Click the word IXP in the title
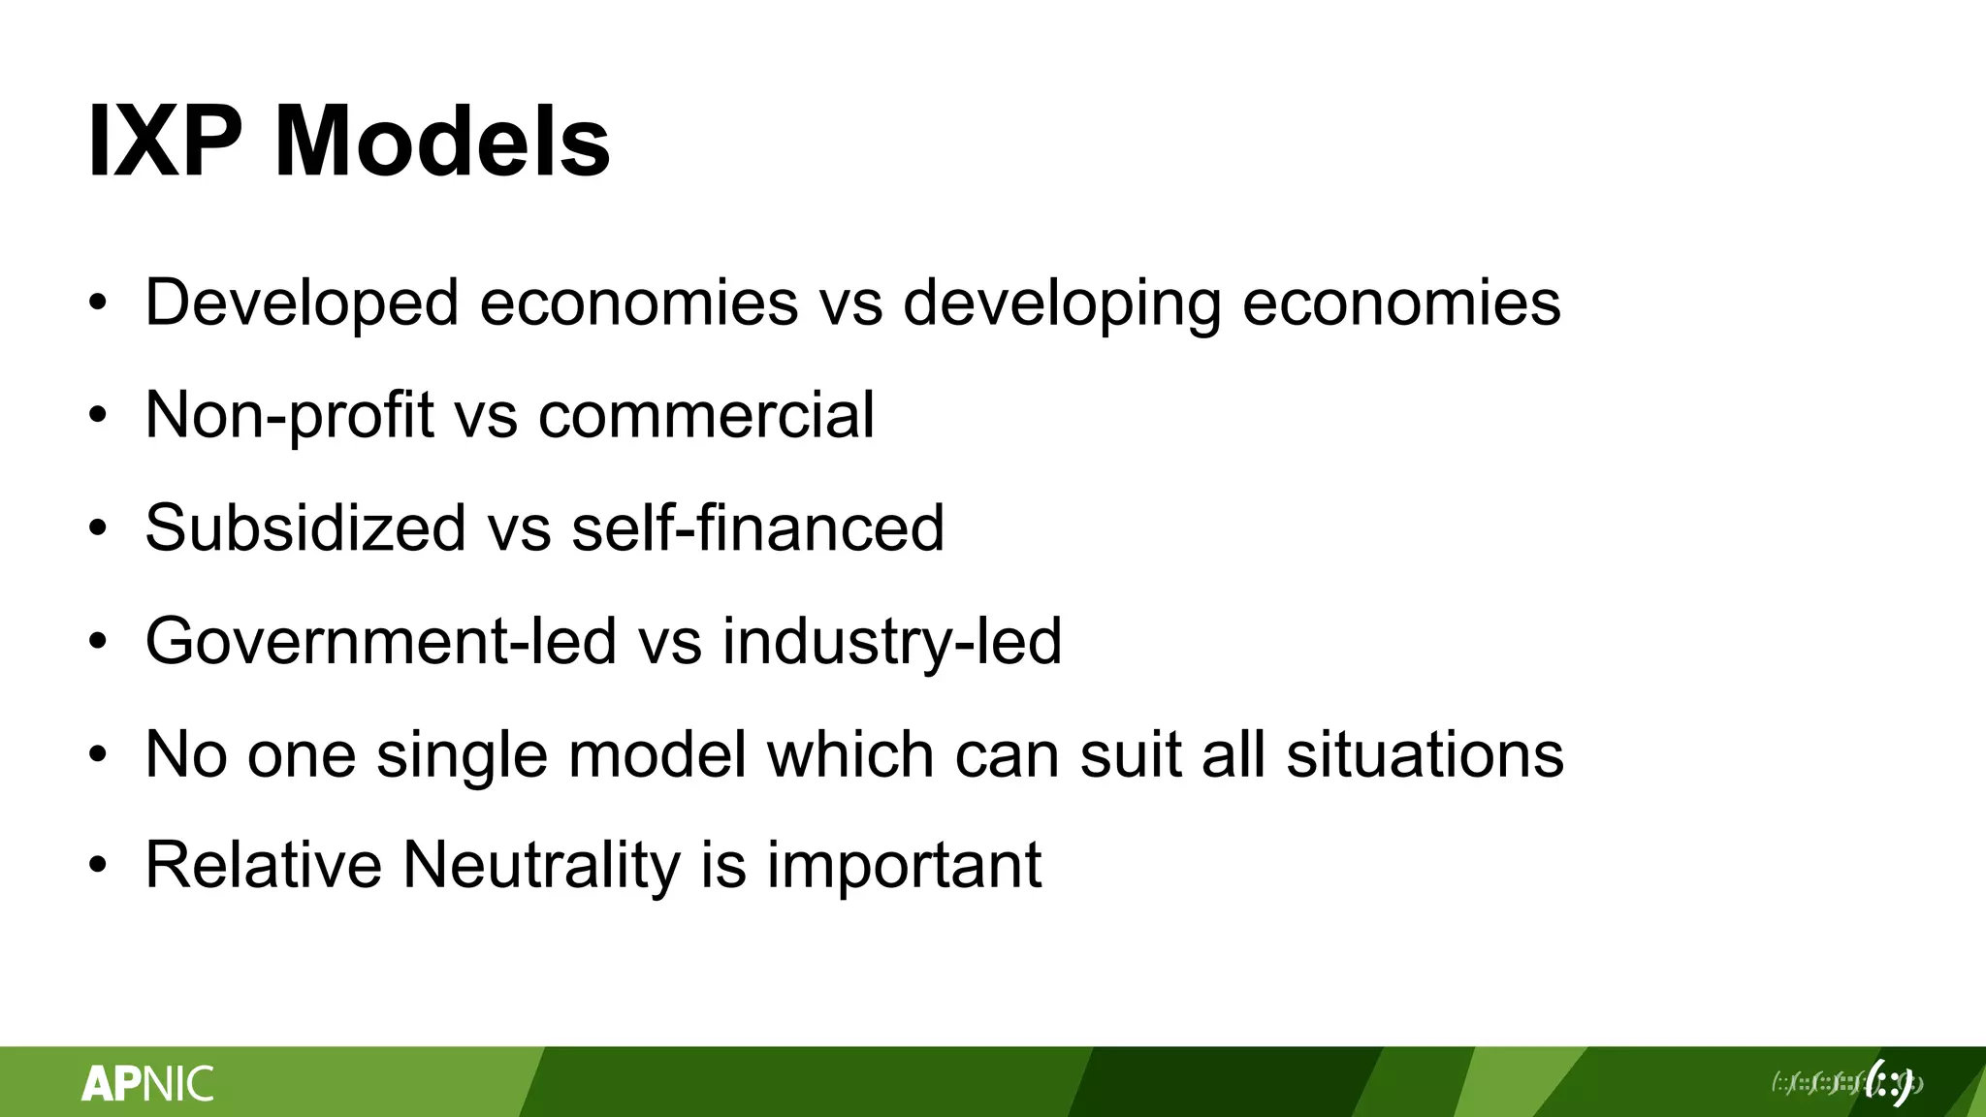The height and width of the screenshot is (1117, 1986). (165, 143)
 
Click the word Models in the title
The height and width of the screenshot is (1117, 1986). (442, 143)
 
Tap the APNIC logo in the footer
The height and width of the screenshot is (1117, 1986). (147, 1083)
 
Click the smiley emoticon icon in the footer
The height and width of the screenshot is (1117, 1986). (1891, 1082)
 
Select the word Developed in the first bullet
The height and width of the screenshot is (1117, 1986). (302, 303)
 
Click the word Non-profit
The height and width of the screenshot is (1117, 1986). (289, 416)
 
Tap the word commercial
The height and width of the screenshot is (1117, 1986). (706, 416)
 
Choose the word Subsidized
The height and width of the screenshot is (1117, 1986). (305, 528)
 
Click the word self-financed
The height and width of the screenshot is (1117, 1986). (757, 528)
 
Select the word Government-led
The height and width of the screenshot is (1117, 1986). (381, 642)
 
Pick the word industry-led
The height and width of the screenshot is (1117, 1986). (892, 642)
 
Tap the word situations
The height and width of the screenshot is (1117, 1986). (1425, 754)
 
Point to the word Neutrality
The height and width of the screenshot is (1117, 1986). (542, 865)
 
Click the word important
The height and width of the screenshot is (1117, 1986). (904, 867)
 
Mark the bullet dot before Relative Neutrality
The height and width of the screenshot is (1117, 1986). (97, 865)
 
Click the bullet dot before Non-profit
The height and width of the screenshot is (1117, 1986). (97, 416)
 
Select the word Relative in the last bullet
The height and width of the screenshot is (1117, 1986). (264, 865)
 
